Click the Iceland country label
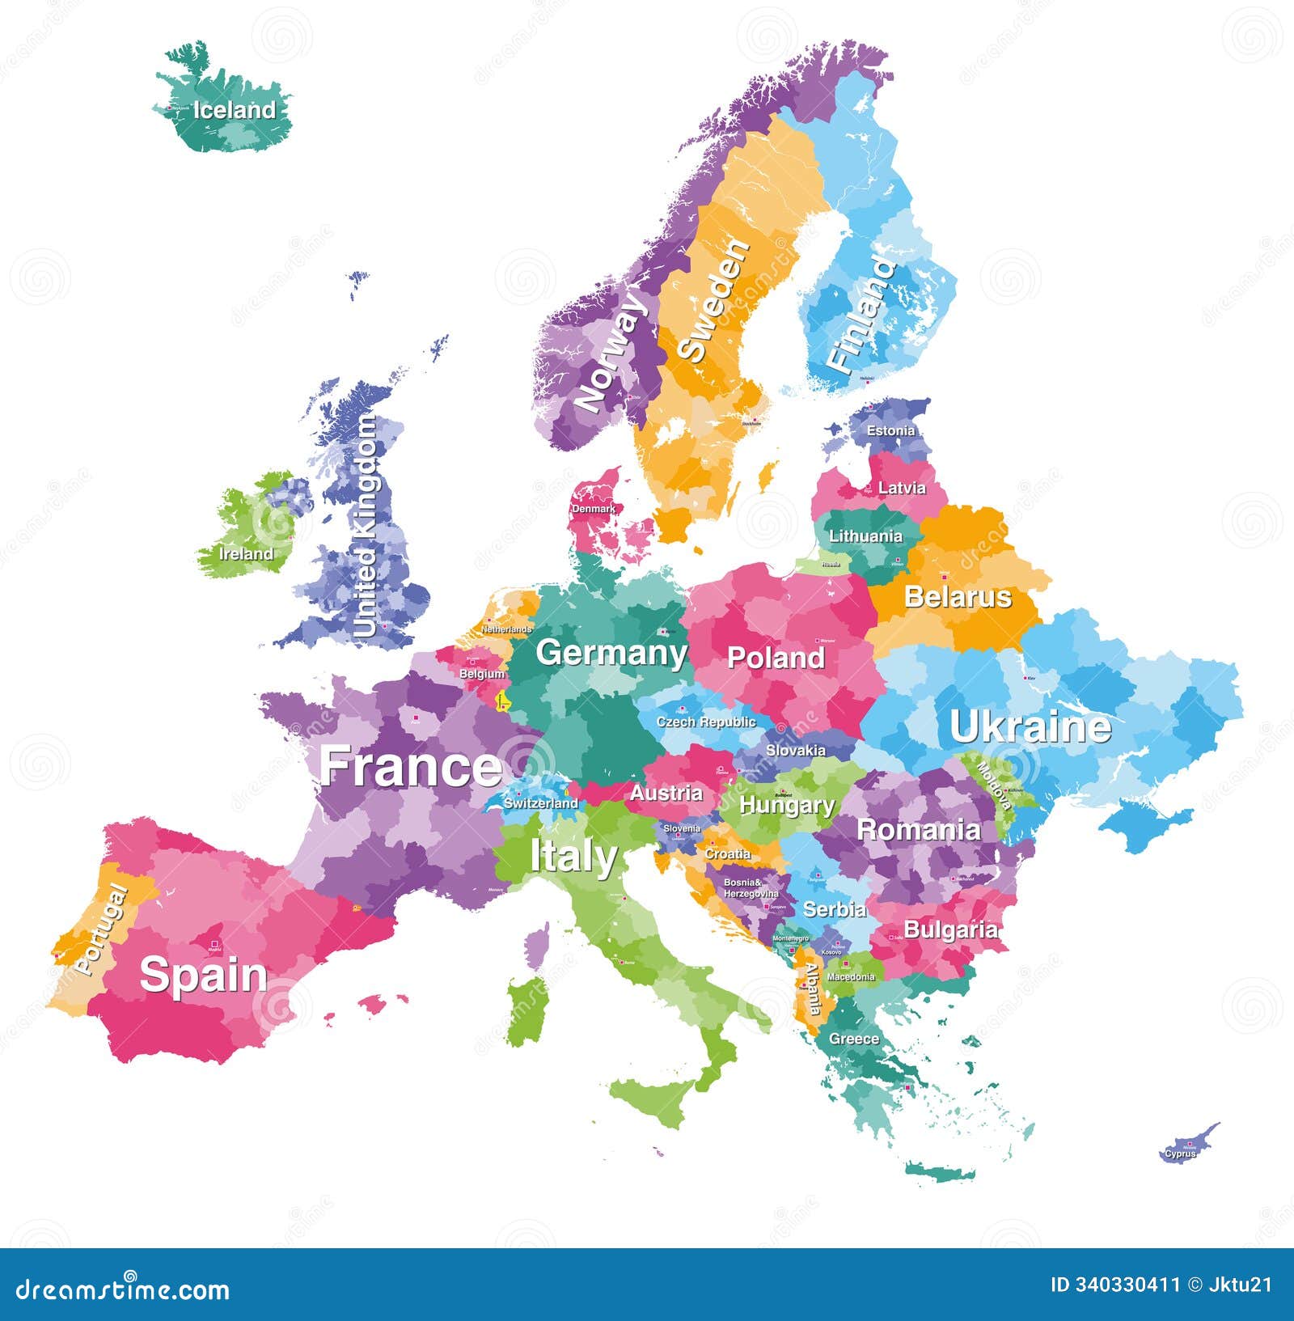[x=234, y=110]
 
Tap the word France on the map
[x=411, y=766]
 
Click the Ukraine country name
[x=1030, y=726]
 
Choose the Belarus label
[x=958, y=597]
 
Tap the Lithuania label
[x=865, y=536]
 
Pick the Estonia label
[x=890, y=430]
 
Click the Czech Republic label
[x=705, y=722]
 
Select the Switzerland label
[x=541, y=803]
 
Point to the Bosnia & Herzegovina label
[x=750, y=888]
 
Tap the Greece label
[x=853, y=1039]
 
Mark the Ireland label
[x=246, y=554]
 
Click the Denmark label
[x=593, y=509]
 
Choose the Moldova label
[x=995, y=785]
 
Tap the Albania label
[x=812, y=989]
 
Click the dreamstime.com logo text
[x=123, y=1289]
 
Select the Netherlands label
[x=506, y=629]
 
